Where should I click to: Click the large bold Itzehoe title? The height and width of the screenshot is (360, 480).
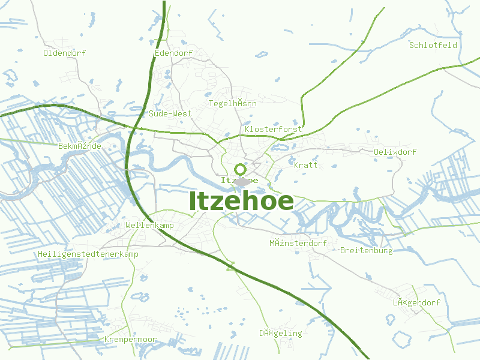point(241,202)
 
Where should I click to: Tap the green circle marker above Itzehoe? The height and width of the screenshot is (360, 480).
point(240,169)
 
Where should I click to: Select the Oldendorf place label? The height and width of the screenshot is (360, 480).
point(64,53)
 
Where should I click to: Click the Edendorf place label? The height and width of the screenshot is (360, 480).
point(173,53)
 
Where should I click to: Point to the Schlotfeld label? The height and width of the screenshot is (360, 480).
point(433,45)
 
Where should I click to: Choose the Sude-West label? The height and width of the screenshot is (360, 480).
point(170,113)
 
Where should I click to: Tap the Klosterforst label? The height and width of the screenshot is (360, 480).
point(274,129)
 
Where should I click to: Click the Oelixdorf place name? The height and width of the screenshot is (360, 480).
point(395,152)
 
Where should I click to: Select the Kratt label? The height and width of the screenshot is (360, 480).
point(306,165)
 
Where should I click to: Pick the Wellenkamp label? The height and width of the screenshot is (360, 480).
point(150,225)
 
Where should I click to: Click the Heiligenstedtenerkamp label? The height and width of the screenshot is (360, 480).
point(88,254)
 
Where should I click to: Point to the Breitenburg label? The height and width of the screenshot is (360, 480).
point(366,250)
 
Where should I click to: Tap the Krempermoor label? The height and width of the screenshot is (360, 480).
point(130,340)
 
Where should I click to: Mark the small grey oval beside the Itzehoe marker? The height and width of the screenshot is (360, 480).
point(242,181)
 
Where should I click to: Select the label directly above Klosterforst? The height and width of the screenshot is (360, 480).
point(233,103)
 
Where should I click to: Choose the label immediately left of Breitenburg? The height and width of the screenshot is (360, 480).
point(298,243)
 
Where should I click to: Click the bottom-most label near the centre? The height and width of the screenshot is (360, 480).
point(281,333)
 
